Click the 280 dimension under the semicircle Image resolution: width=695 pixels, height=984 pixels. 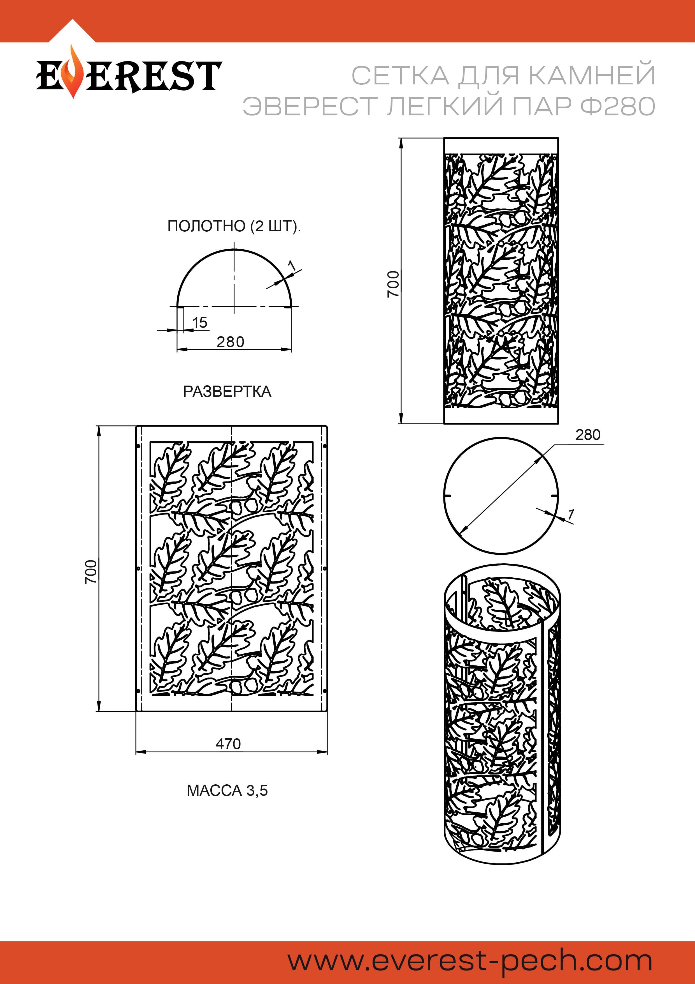pyautogui.click(x=230, y=342)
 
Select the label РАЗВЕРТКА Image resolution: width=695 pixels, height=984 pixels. pyautogui.click(x=227, y=391)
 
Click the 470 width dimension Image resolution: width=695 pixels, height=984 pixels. pyautogui.click(x=228, y=744)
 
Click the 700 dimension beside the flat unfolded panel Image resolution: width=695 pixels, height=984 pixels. pyautogui.click(x=91, y=571)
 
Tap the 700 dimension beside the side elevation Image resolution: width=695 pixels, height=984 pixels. pyautogui.click(x=393, y=284)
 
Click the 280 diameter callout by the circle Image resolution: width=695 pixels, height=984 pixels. pyautogui.click(x=587, y=435)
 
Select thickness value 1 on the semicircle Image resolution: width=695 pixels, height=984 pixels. pyautogui.click(x=292, y=266)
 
